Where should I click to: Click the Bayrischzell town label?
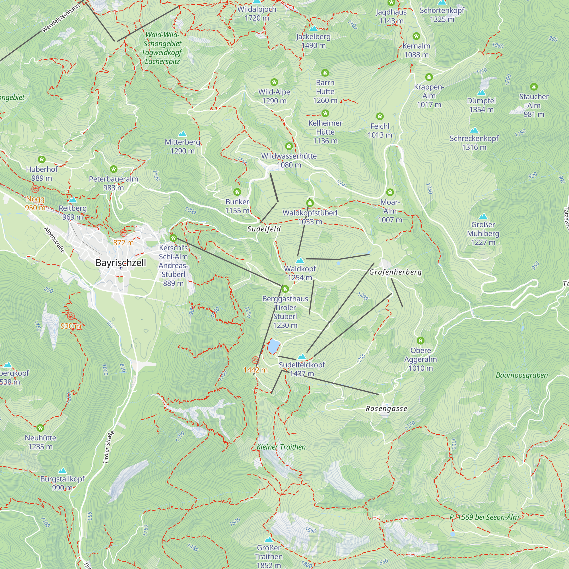(120, 262)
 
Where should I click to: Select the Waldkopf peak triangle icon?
(300, 260)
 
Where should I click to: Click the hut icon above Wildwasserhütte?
(289, 146)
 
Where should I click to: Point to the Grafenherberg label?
(395, 272)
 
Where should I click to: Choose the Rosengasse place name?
(386, 409)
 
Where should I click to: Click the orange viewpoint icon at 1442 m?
(255, 360)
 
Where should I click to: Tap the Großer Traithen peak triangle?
(268, 539)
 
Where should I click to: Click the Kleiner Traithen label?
(281, 447)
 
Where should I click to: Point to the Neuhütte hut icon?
(40, 428)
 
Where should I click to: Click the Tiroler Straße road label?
(109, 447)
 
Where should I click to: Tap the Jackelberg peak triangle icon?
(313, 28)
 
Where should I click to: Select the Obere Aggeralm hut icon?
(420, 341)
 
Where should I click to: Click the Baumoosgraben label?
(521, 375)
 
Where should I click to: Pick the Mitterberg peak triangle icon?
(182, 134)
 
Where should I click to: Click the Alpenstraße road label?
(54, 240)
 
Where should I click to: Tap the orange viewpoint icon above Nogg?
(35, 189)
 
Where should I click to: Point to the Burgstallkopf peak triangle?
(62, 471)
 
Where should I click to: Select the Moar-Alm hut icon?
(390, 192)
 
